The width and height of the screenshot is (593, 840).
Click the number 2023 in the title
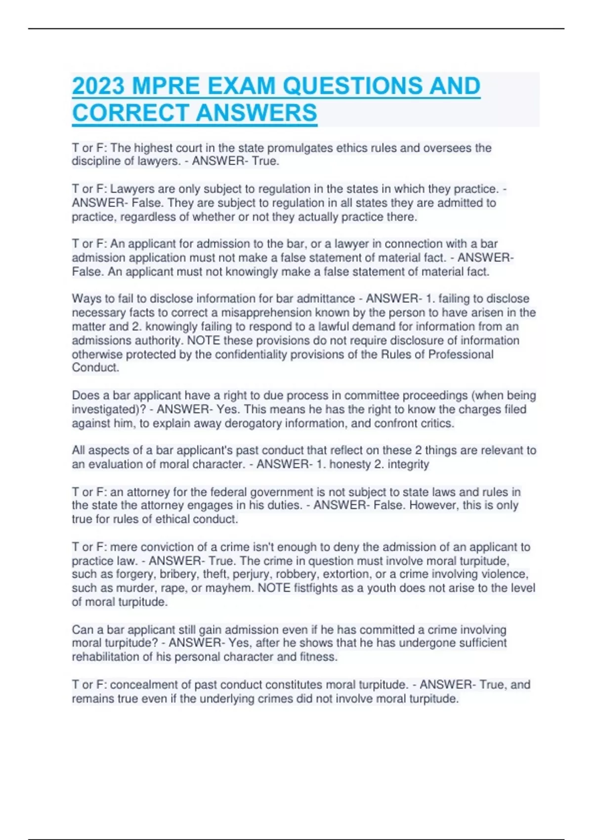pyautogui.click(x=98, y=86)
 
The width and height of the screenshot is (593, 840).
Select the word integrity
pyautogui.click(x=409, y=464)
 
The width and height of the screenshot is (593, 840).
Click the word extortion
pyautogui.click(x=346, y=574)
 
